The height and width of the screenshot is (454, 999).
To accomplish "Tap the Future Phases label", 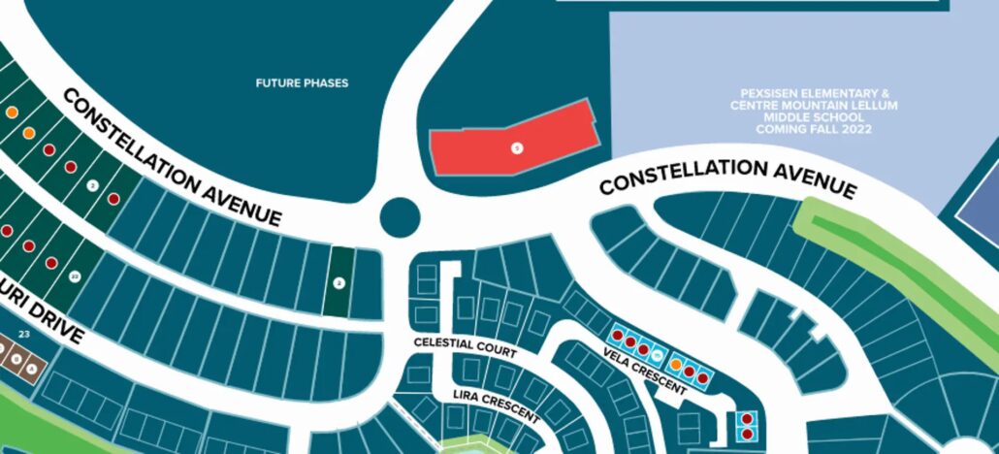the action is [x=302, y=83].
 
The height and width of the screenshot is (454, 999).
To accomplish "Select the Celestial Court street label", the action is [x=465, y=345].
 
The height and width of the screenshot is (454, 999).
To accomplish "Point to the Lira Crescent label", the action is [x=496, y=405].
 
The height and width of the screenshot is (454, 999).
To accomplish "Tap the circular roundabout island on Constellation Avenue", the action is [x=399, y=217].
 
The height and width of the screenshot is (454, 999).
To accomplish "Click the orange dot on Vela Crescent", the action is [x=675, y=364].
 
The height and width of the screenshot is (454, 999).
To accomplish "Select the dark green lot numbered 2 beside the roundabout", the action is [x=338, y=281].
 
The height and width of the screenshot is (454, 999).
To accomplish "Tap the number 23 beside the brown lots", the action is [x=24, y=335].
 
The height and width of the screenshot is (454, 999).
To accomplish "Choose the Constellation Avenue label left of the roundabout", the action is [x=173, y=156].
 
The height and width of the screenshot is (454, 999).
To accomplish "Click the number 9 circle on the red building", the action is [x=517, y=147].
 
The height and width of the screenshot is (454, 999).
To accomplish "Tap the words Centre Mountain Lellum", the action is [x=814, y=105].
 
